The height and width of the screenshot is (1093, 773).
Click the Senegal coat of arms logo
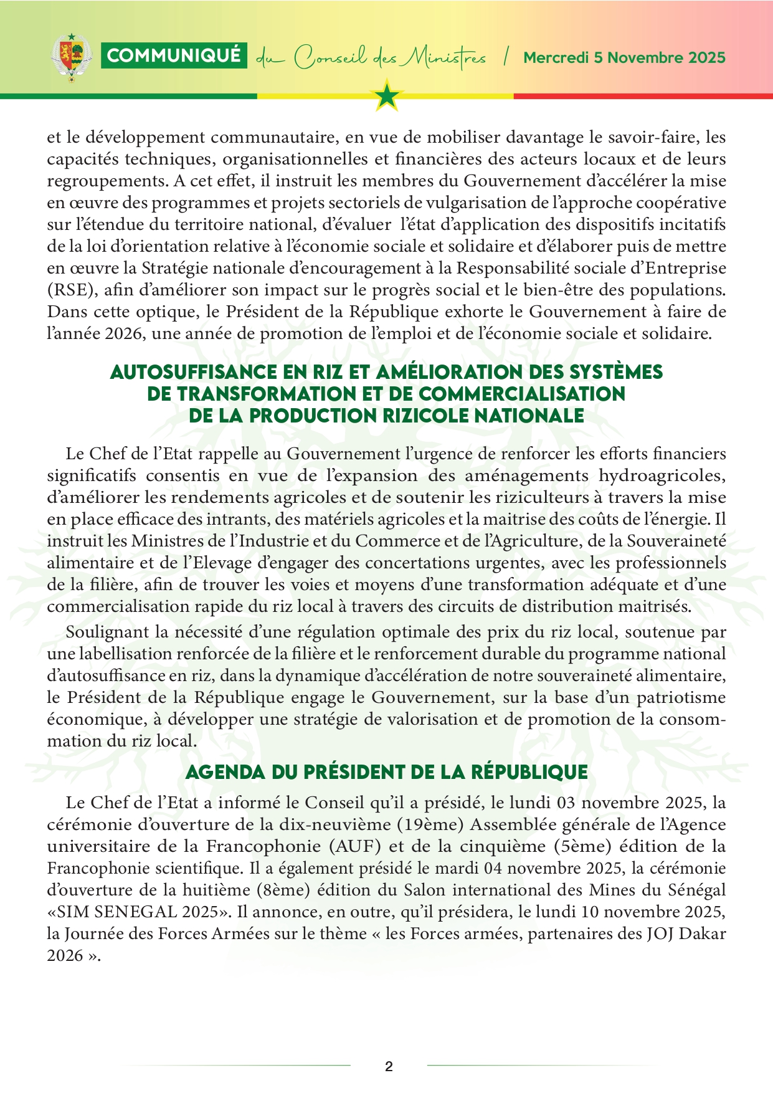click(72, 57)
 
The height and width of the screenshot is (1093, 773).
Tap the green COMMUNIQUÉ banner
click(174, 56)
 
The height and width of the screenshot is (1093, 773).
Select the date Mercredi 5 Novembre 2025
click(624, 58)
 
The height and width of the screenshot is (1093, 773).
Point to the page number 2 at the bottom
click(389, 1066)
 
